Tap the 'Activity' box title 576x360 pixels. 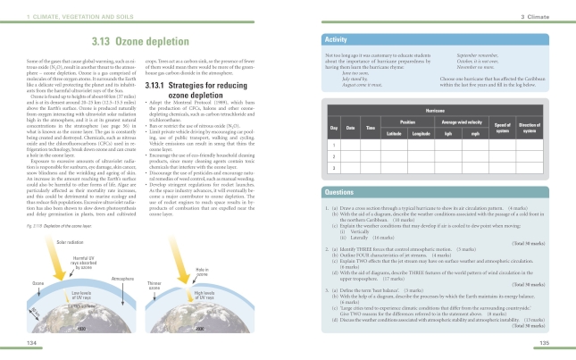pyautogui.click(x=337, y=41)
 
